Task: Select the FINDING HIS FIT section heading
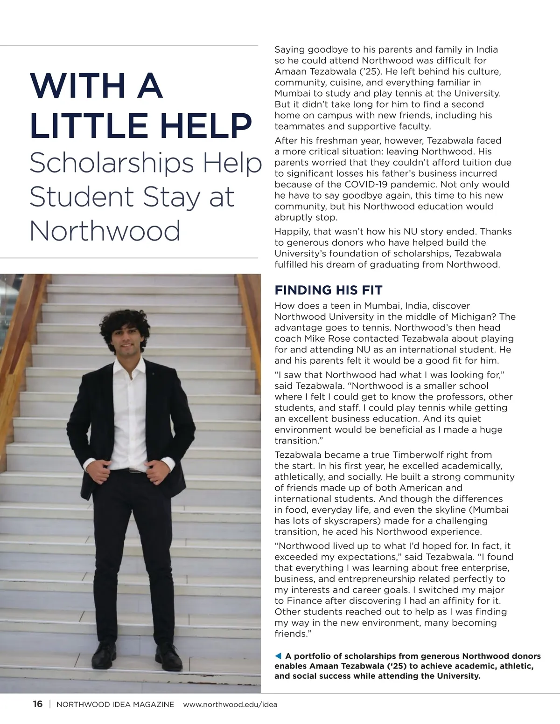pyautogui.click(x=328, y=290)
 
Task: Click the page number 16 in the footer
pyautogui.click(x=38, y=704)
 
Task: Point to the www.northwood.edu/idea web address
pyautogui.click(x=230, y=704)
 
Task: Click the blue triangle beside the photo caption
pyautogui.click(x=278, y=656)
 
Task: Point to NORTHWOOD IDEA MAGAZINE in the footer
pyautogui.click(x=115, y=704)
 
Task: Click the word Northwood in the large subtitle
pyautogui.click(x=105, y=230)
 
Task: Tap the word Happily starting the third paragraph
pyautogui.click(x=292, y=231)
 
